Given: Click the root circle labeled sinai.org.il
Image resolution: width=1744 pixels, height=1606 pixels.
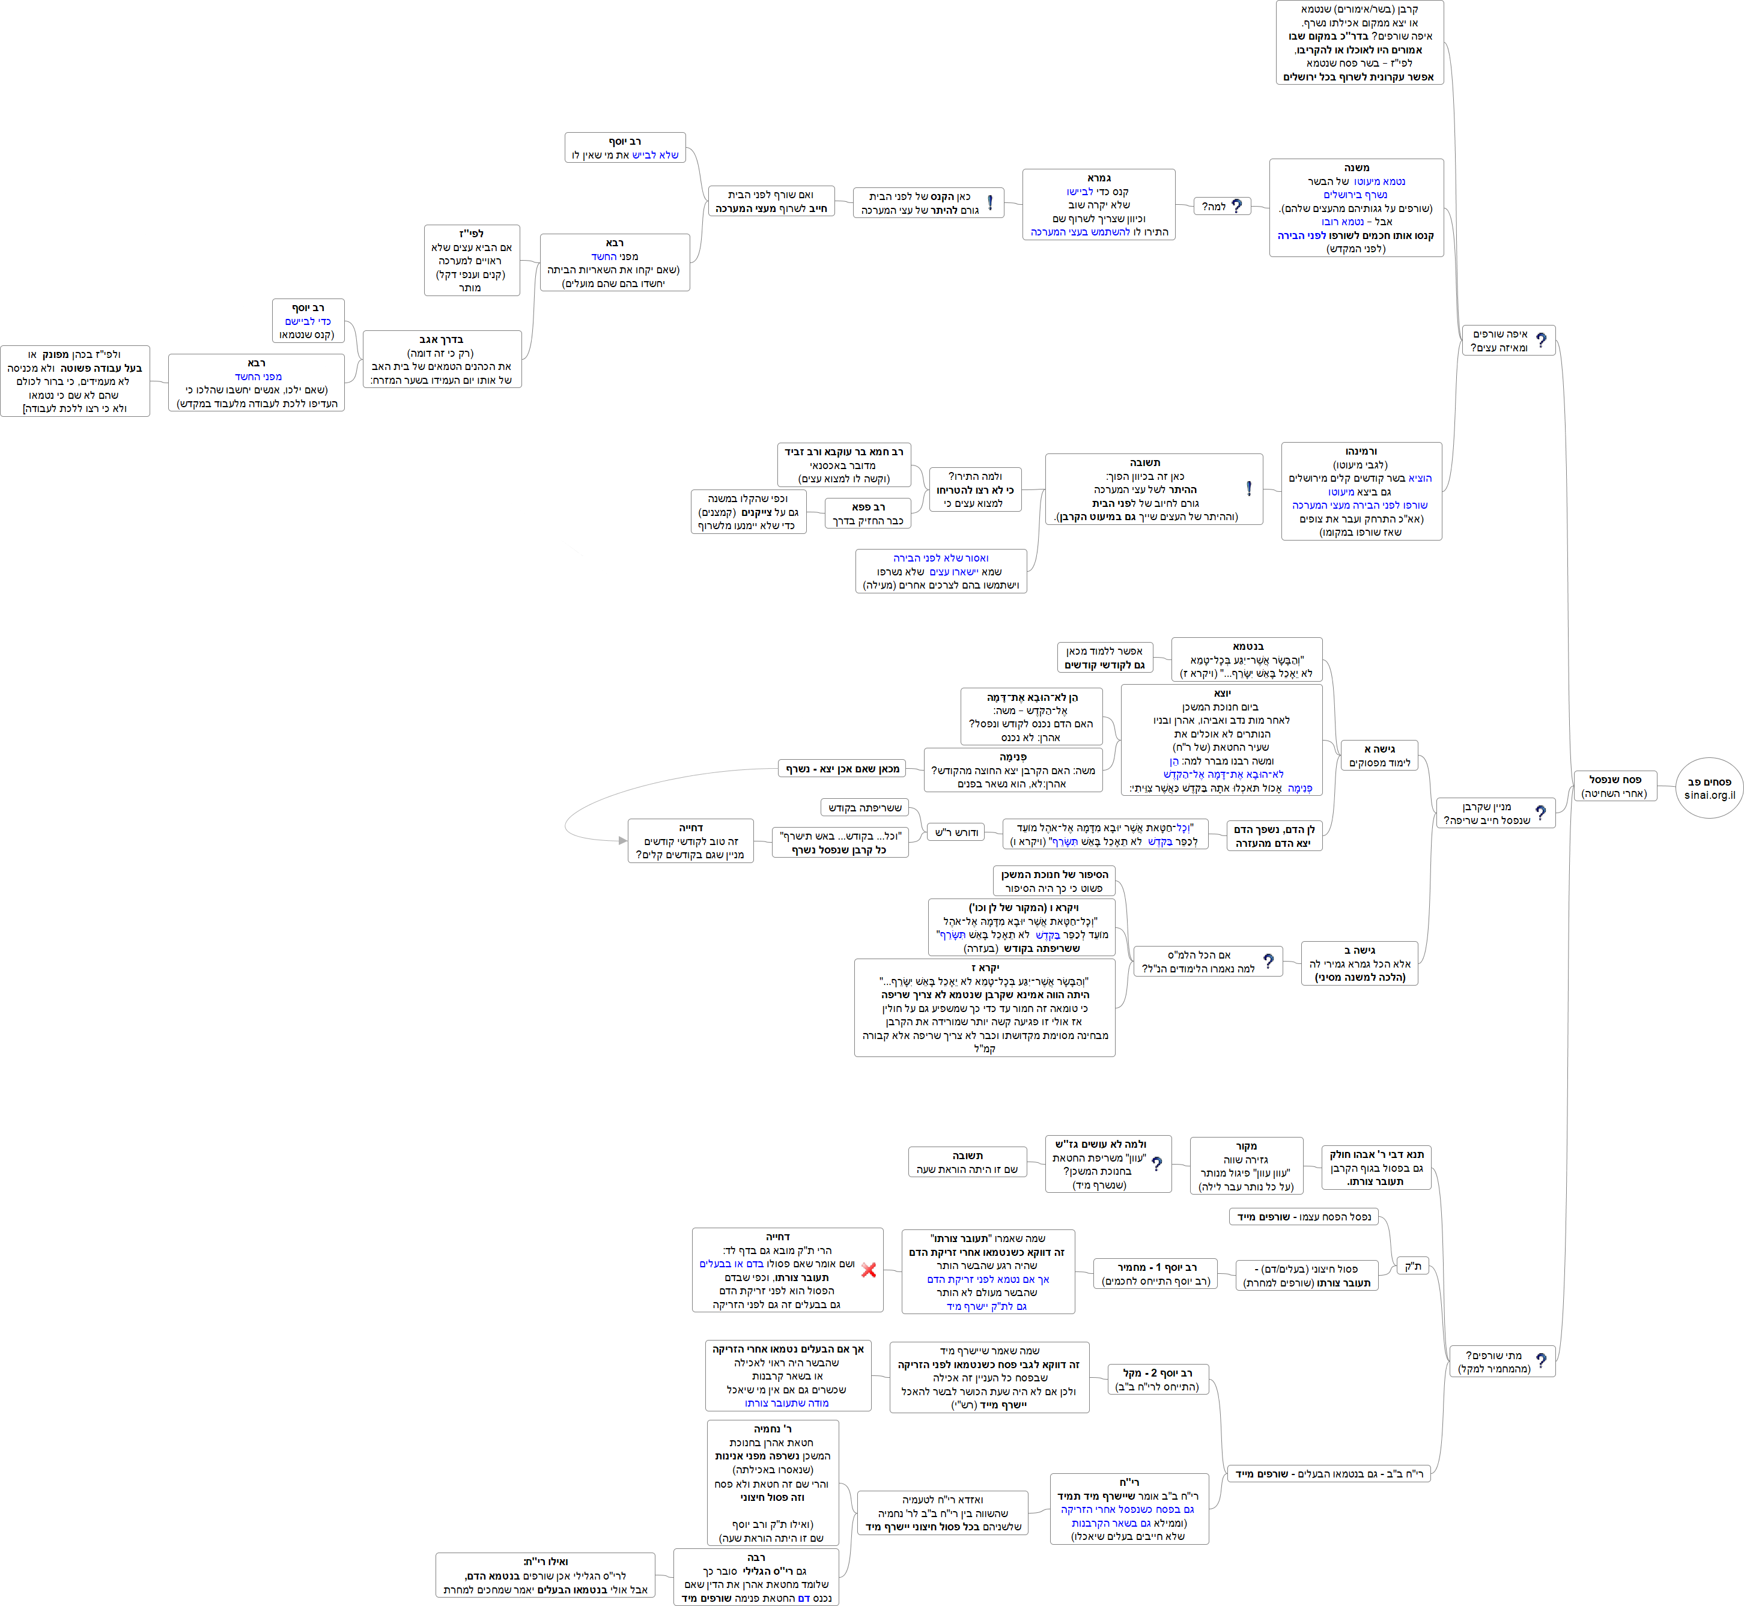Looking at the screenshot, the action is (x=1709, y=787).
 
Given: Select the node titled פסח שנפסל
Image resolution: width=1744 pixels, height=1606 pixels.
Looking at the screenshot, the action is (x=1614, y=786).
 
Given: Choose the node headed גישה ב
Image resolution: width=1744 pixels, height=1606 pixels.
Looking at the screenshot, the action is (x=1360, y=963).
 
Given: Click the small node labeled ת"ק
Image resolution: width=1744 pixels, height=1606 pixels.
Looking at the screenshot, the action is (x=1413, y=1266).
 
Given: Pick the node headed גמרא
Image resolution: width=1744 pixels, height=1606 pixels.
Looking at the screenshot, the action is (x=1098, y=204).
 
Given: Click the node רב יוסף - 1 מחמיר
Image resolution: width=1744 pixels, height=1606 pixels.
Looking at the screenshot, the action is (x=1155, y=1274).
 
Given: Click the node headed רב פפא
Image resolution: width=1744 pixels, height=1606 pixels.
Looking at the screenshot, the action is (x=867, y=514).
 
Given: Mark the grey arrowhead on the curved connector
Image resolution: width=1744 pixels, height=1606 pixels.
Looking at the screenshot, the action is (x=622, y=840).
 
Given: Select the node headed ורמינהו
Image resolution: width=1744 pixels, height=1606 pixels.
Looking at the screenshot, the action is (x=1361, y=491).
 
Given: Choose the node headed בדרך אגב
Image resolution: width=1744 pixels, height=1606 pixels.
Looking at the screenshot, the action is (x=442, y=359).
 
